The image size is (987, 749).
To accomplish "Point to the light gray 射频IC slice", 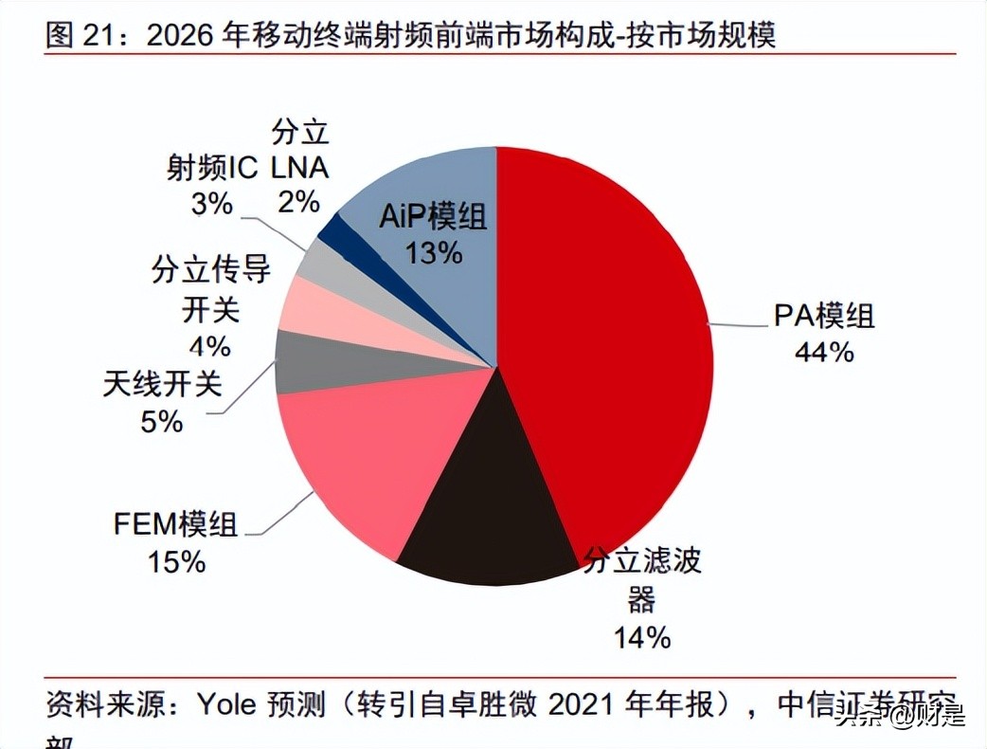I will (x=316, y=260).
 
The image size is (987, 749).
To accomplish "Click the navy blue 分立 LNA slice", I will (x=331, y=228).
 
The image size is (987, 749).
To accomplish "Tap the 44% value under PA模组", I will (x=825, y=352).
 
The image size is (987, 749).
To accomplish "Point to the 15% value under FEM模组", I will (x=176, y=562).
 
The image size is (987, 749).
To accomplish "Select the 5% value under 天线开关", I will (x=161, y=421).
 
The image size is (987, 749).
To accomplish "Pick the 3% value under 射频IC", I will (x=212, y=203).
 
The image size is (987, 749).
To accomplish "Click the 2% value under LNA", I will (x=299, y=203).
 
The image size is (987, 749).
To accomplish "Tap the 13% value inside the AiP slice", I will (x=433, y=253).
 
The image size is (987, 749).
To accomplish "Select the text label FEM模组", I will (x=176, y=525).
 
